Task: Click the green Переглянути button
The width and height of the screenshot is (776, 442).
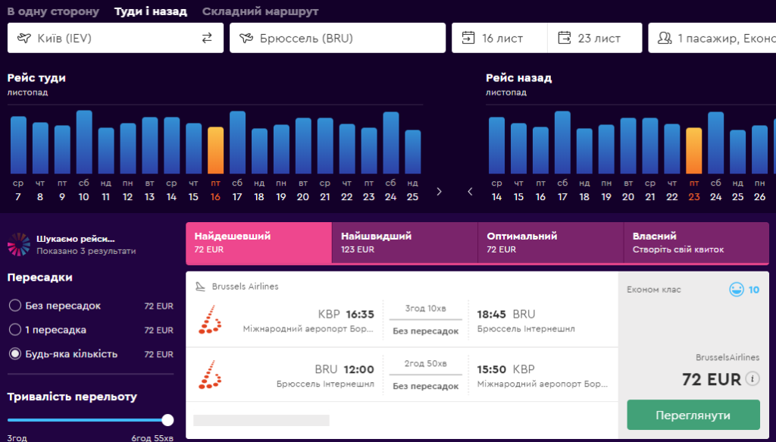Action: click(x=693, y=415)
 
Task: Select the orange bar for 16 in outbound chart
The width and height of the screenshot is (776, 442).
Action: click(x=215, y=150)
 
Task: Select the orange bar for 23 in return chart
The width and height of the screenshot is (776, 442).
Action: click(x=694, y=150)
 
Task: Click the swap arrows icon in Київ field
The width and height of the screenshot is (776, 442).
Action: click(x=207, y=38)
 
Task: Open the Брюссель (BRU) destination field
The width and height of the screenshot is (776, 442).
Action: click(x=337, y=38)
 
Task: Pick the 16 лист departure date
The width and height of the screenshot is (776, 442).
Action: click(x=499, y=38)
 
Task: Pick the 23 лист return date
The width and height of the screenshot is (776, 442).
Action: click(x=595, y=38)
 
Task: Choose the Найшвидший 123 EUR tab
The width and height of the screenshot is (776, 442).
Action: click(x=405, y=243)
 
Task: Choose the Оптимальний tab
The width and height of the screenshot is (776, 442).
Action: click(x=550, y=243)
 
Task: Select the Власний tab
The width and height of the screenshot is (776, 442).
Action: click(x=696, y=243)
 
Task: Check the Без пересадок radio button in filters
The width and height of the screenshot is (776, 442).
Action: click(x=15, y=306)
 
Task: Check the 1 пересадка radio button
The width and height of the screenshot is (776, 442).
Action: click(x=15, y=329)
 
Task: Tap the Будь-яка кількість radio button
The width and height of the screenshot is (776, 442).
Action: click(x=15, y=353)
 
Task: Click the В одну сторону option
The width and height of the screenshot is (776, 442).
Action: click(x=53, y=11)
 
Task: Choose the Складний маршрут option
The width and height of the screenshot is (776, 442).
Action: click(x=260, y=11)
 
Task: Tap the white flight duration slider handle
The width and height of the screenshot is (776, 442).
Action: click(x=167, y=420)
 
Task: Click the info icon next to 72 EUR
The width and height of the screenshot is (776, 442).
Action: click(x=753, y=378)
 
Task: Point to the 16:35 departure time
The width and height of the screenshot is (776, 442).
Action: click(x=360, y=315)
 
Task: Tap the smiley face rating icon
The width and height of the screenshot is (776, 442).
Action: click(x=737, y=289)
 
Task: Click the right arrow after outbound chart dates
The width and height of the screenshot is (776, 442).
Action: click(x=439, y=192)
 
